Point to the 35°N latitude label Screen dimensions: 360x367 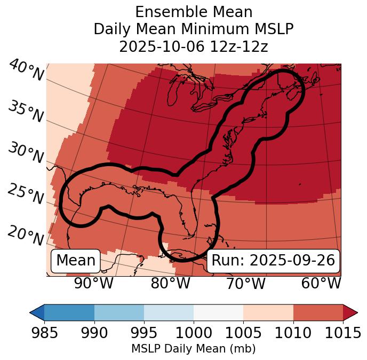click(26, 112)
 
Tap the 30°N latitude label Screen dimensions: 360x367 click(26, 153)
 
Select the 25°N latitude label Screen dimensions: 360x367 click(26, 194)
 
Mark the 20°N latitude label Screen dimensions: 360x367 click(26, 235)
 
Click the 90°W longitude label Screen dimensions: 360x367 click(93, 283)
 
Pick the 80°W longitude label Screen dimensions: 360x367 click(170, 283)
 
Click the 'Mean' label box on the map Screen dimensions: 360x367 click(76, 261)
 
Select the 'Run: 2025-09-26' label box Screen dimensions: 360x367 click(273, 261)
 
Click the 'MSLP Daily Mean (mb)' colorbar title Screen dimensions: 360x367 click(193, 349)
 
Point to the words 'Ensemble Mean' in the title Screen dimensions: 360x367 click(193, 12)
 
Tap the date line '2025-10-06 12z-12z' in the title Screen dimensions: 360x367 click(193, 46)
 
